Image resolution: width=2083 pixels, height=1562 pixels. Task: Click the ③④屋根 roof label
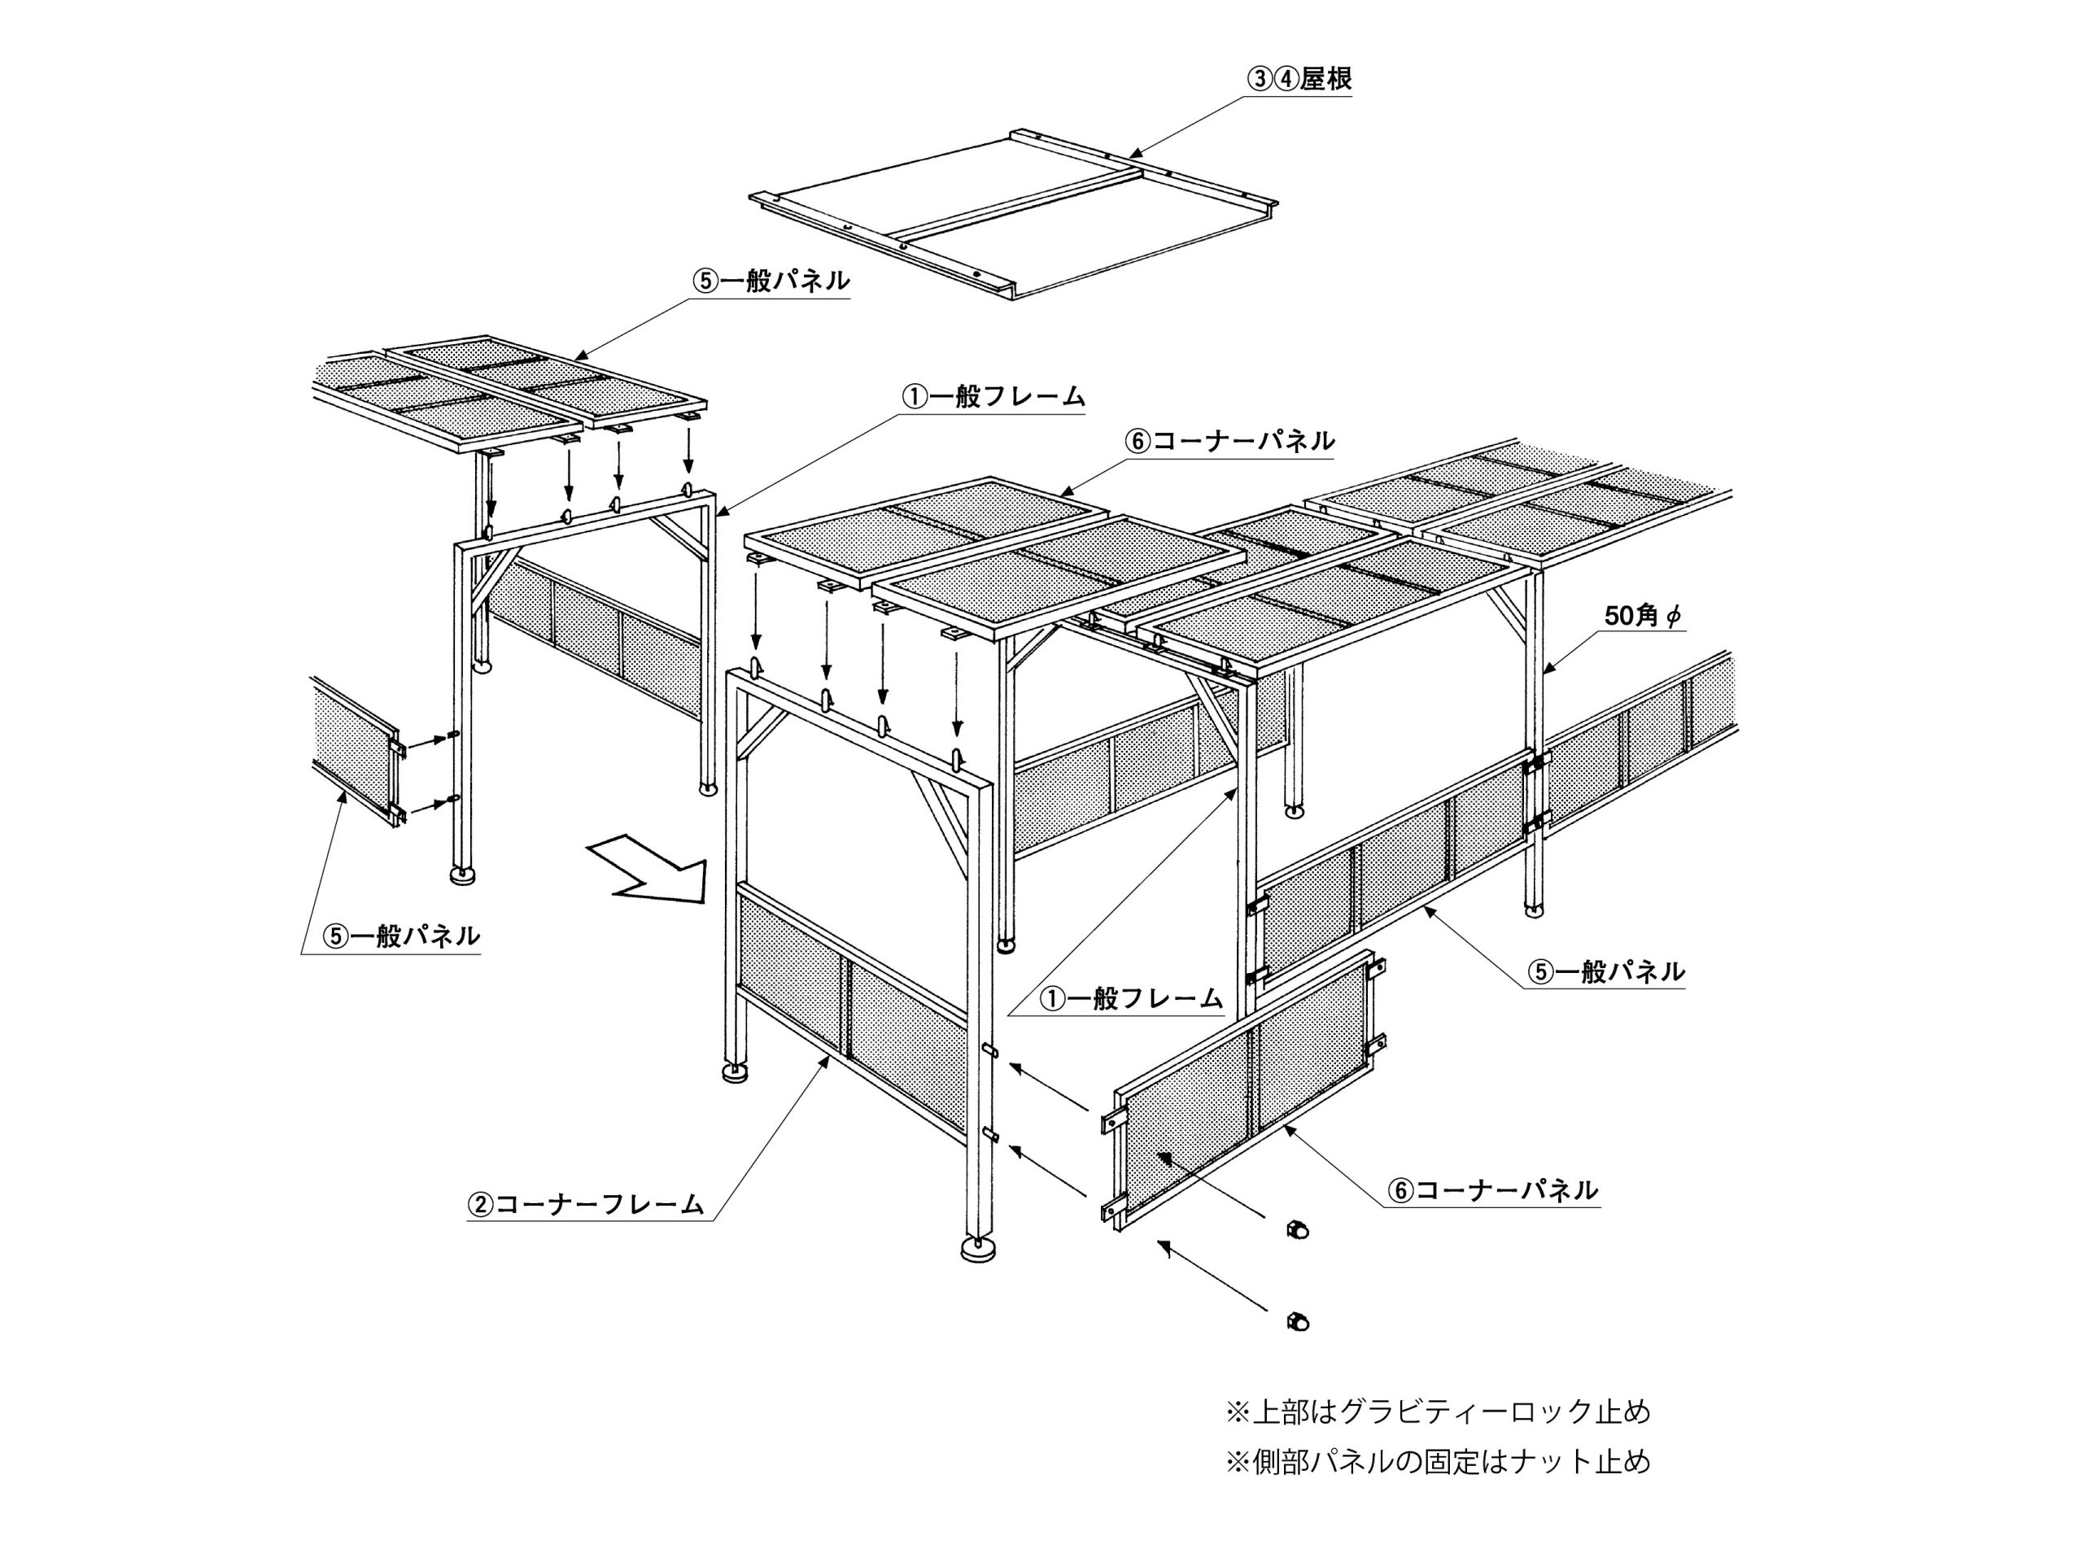click(1299, 80)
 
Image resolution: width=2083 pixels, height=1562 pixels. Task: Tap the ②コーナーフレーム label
click(586, 1204)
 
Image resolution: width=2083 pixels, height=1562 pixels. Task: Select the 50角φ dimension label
click(1644, 616)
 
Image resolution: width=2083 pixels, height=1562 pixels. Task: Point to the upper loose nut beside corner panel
click(1297, 1229)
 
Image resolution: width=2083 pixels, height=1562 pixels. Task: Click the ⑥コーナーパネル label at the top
click(1231, 441)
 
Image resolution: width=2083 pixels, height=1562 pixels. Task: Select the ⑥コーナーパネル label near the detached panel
click(1494, 1191)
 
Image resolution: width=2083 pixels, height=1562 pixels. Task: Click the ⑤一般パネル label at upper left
click(772, 281)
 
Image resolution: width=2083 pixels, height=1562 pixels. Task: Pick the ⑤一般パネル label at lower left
click(402, 936)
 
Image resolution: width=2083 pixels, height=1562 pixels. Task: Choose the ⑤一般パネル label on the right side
click(1606, 971)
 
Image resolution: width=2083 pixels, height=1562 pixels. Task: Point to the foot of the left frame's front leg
click(461, 875)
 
